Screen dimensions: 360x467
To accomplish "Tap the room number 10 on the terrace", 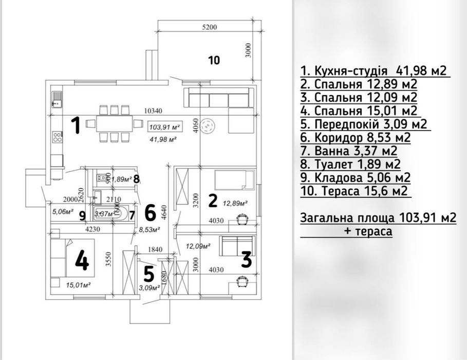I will pyautogui.click(x=214, y=60).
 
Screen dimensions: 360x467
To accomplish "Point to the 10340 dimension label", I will pyautogui.click(x=154, y=110).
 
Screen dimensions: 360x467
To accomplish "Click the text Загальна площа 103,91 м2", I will pyautogui.click(x=378, y=219).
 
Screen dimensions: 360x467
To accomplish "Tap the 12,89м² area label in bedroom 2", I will pyautogui.click(x=235, y=203).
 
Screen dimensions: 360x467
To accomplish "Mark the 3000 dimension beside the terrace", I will pyautogui.click(x=248, y=50).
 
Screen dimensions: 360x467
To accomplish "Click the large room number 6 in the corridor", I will pyautogui.click(x=150, y=211).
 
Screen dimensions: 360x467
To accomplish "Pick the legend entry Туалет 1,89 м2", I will pyautogui.click(x=350, y=165).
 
